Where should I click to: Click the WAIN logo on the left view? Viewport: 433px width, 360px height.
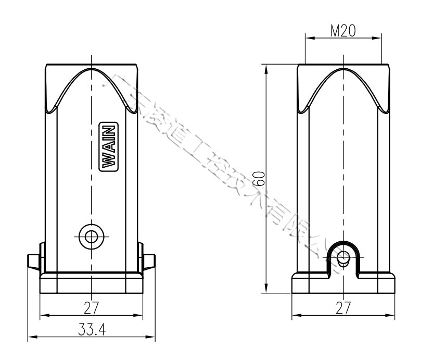pyautogui.click(x=108, y=146)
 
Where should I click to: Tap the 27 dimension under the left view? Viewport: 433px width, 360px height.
pyautogui.click(x=92, y=307)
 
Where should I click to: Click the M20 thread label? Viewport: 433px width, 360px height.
pyautogui.click(x=343, y=31)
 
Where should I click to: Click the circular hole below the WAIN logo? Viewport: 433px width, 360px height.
pyautogui.click(x=92, y=237)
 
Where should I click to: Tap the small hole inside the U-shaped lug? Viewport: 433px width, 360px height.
pyautogui.click(x=342, y=257)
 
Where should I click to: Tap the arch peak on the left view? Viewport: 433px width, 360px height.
pyautogui.click(x=92, y=69)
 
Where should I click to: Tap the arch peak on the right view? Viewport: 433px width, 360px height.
pyautogui.click(x=342, y=69)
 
